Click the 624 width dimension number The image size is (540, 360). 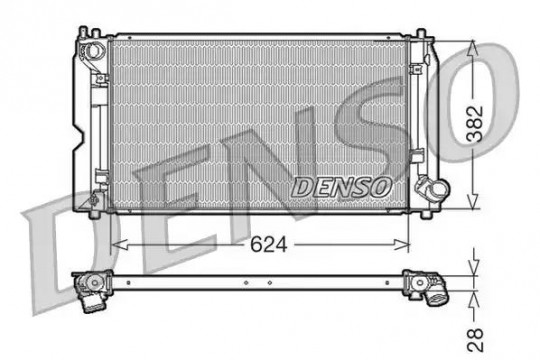268,245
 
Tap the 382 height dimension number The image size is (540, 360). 475,124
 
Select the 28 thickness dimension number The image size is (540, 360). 475,340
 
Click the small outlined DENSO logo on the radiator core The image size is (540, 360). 341,187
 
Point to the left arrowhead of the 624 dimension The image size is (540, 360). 120,245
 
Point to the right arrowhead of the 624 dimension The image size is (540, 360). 402,245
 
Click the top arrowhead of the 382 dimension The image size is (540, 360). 473,48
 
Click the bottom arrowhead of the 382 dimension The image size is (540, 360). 473,201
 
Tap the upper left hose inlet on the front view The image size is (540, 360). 92,50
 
